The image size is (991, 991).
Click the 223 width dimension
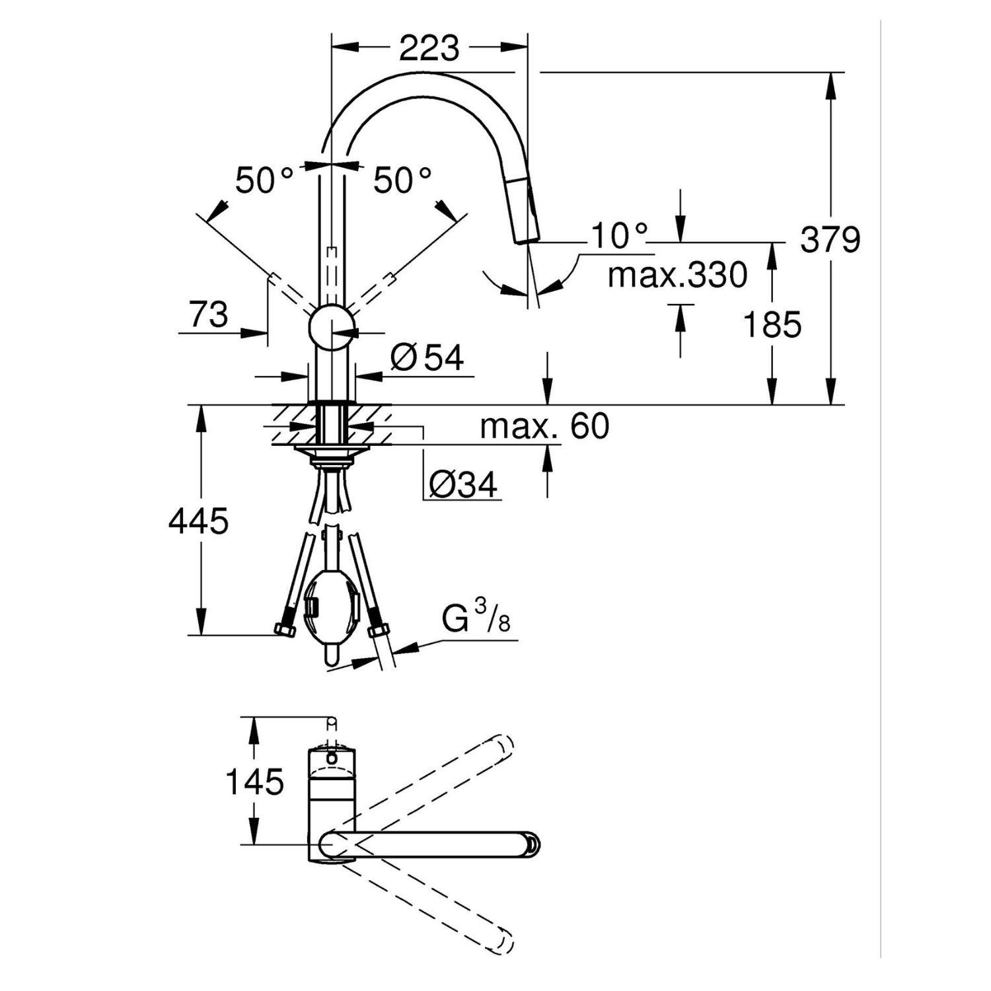[429, 48]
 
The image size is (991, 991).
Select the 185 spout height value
[772, 324]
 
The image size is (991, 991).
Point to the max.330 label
[677, 275]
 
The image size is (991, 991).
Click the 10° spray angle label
[619, 235]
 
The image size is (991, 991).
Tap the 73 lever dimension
[209, 314]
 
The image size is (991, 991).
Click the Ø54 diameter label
[427, 357]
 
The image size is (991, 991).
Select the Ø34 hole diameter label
[462, 486]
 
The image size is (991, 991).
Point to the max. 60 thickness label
[544, 427]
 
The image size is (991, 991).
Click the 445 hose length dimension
[198, 521]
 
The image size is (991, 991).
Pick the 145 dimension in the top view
[255, 782]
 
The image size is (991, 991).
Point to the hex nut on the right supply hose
[377, 628]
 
